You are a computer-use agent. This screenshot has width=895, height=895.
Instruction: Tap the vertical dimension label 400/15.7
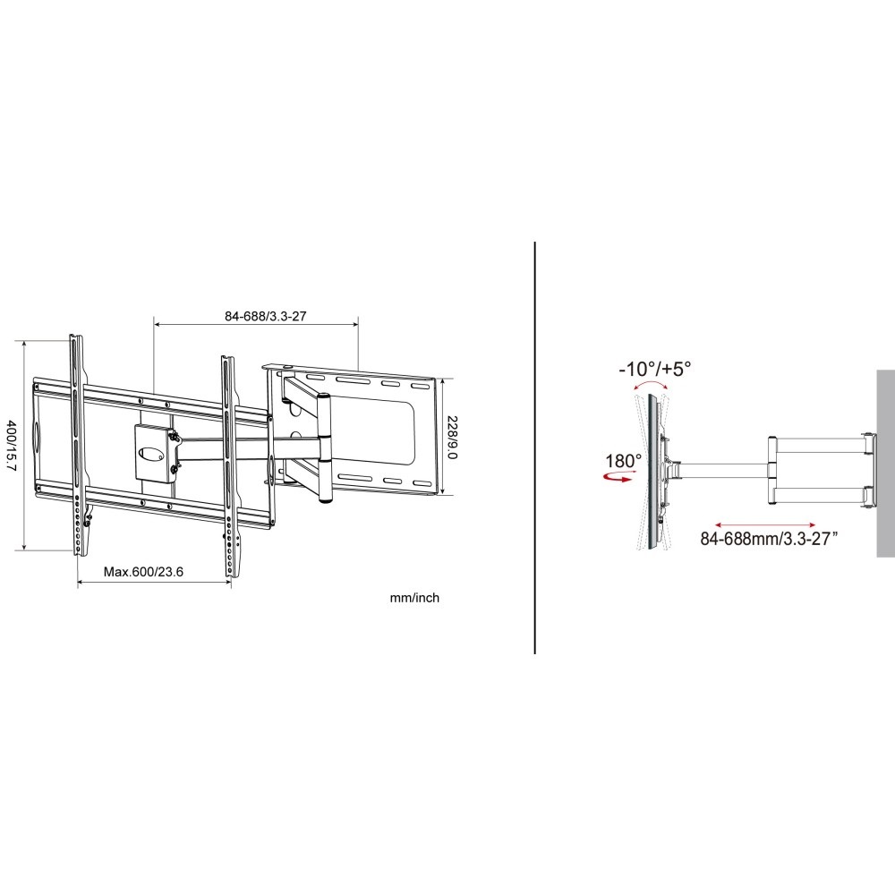(x=11, y=445)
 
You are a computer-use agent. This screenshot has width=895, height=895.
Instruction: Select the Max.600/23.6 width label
(x=143, y=572)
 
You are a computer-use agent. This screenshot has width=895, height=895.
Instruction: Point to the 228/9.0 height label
(x=454, y=436)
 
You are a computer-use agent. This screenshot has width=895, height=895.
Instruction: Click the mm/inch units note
(x=413, y=598)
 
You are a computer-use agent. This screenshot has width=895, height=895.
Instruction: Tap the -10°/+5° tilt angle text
(x=654, y=368)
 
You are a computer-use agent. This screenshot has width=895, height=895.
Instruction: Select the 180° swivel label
(x=623, y=462)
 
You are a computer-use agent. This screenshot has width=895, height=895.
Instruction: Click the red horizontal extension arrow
(x=765, y=524)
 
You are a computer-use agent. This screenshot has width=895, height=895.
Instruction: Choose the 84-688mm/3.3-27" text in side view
(x=769, y=539)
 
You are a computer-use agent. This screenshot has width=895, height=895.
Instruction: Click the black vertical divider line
(x=535, y=447)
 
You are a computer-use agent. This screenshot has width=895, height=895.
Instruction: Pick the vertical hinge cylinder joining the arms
(x=324, y=447)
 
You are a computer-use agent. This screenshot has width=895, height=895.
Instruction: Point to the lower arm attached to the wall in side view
(x=819, y=493)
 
